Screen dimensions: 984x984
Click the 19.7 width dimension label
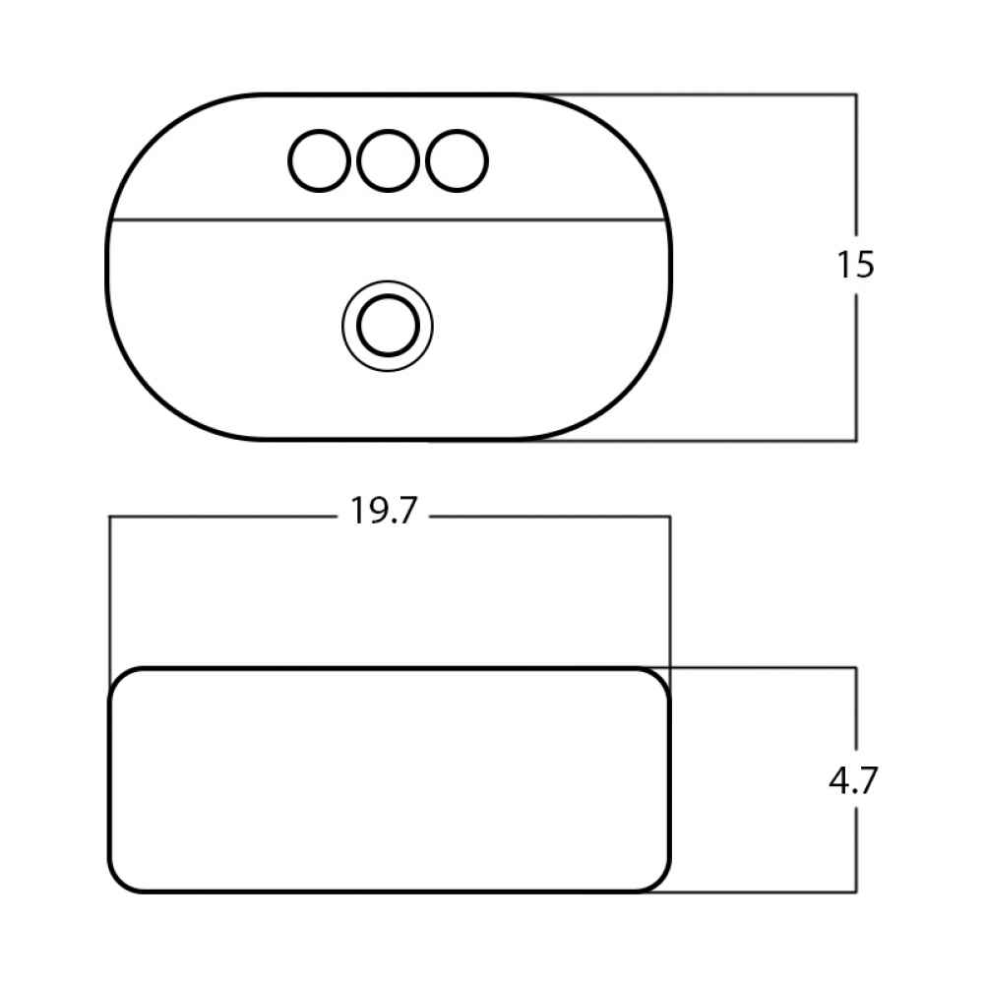384,511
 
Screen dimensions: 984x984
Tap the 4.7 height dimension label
853,780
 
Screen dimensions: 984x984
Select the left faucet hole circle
319,160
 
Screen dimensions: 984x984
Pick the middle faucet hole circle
388,160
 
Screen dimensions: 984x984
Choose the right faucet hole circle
457,160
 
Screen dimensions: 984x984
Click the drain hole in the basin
388,326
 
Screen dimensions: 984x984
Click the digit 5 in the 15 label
864,265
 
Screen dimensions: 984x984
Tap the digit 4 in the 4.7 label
839,780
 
